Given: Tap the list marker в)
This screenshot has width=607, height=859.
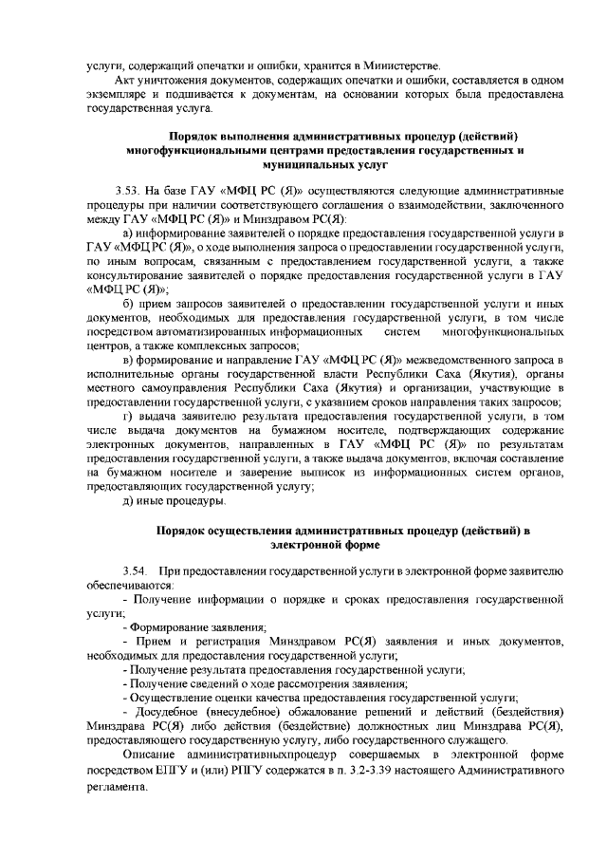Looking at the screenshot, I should click(x=130, y=361).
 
